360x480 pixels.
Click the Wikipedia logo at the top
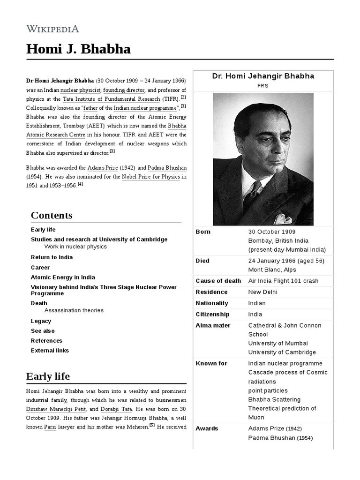click(52, 29)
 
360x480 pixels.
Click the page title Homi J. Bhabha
click(78, 49)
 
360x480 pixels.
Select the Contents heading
click(52, 215)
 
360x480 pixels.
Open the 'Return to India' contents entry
click(52, 257)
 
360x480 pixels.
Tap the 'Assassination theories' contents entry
click(74, 310)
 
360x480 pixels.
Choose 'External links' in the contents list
click(50, 351)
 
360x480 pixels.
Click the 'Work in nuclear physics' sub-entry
click(75, 247)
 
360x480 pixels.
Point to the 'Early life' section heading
click(48, 376)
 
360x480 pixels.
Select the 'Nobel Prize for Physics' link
click(150, 177)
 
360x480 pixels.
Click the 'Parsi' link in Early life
click(50, 427)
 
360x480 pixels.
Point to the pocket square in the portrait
click(283, 219)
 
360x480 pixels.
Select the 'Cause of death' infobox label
click(218, 281)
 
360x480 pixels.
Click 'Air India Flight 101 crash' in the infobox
click(283, 281)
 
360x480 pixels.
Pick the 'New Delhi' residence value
click(262, 292)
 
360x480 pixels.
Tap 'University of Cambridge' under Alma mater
click(282, 352)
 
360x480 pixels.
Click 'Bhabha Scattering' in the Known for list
click(274, 399)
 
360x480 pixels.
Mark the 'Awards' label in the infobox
click(207, 428)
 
